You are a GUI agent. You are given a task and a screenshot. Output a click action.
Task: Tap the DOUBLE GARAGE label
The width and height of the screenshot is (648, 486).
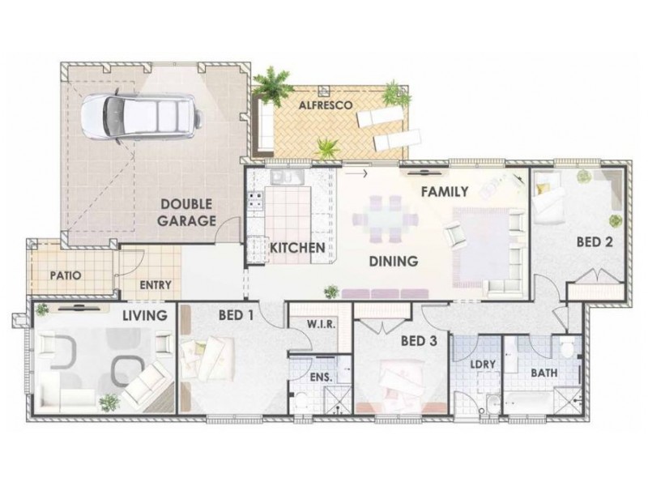[186, 213]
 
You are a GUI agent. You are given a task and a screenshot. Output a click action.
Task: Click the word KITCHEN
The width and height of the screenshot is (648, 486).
[297, 248]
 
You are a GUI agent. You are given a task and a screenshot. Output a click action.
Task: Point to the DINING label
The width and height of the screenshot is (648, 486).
[393, 262]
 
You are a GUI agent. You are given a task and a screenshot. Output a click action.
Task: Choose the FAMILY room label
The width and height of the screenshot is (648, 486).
[445, 192]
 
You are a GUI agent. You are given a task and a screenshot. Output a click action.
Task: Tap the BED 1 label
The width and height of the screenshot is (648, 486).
[232, 315]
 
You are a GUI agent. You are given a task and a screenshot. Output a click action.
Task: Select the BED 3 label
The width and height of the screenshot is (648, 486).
[419, 342]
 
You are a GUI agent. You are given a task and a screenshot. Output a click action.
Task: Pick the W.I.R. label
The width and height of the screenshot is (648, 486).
[322, 325]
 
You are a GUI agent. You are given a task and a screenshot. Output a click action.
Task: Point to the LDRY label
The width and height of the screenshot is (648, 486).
[484, 364]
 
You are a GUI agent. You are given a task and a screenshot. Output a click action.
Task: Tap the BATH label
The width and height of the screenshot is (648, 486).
[542, 373]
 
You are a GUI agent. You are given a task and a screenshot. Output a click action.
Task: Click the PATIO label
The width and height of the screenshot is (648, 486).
[65, 275]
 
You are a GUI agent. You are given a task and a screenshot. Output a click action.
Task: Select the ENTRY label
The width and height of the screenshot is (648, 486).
[155, 285]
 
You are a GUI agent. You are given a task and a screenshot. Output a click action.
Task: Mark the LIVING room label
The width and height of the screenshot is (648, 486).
[144, 315]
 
